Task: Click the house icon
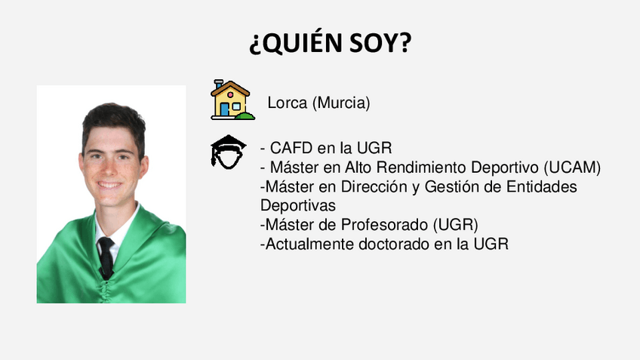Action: coord(232,100)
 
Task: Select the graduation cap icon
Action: coord(228,152)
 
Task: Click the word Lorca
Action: coord(287,103)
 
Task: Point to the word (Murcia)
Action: coord(341,103)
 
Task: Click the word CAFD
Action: coord(291,148)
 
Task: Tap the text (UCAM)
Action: coord(572,168)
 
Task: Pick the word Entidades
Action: coord(542,186)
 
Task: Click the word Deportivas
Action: coord(298,205)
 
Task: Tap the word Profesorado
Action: coord(384,225)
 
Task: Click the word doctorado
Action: coord(394,244)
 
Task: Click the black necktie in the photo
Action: coord(106,257)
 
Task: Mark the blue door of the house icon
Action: coord(224,109)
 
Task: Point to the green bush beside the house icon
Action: coord(245,116)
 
